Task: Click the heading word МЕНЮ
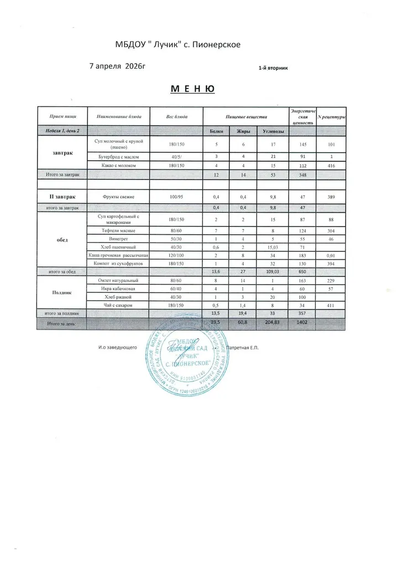click(192, 89)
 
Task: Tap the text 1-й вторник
click(273, 68)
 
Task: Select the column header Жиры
click(244, 131)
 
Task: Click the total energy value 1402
click(301, 322)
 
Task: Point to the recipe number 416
click(331, 165)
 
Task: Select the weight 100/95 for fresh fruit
click(176, 197)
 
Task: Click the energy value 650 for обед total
click(301, 272)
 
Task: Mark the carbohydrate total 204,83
click(272, 322)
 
